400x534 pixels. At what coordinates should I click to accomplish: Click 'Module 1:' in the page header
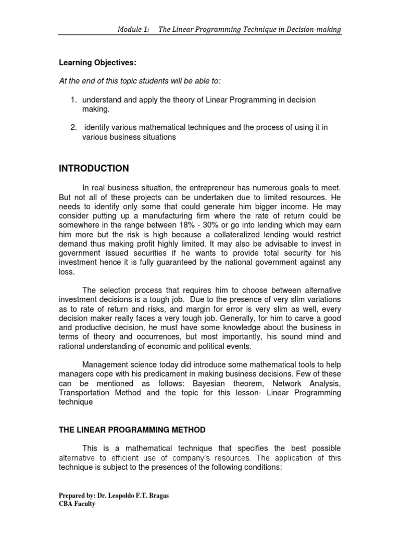[x=133, y=30]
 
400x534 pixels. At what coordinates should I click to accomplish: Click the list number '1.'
[x=74, y=100]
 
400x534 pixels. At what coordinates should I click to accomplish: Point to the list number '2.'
[x=74, y=128]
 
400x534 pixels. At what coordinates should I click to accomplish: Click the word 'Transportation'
[x=83, y=394]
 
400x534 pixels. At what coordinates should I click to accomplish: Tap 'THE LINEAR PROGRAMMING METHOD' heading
[x=132, y=430]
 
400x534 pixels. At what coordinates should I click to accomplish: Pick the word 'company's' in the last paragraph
[x=210, y=458]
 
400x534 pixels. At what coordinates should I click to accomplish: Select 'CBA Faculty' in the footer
[x=77, y=504]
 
